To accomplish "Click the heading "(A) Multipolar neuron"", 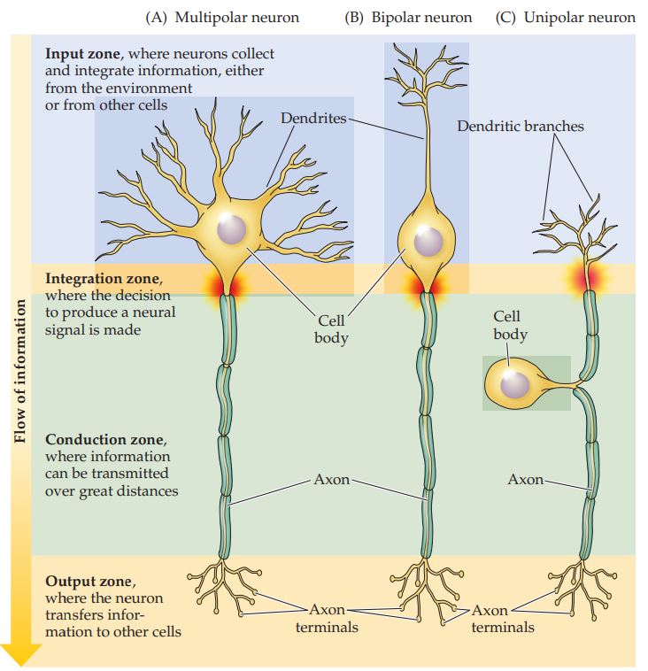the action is (x=222, y=18).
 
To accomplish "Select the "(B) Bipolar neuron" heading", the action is (x=408, y=18).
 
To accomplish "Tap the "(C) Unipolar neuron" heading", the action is (x=566, y=18).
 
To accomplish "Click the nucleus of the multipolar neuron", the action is (x=232, y=229).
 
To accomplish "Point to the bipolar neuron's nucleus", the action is (x=428, y=241).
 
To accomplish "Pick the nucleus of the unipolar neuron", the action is (x=515, y=384).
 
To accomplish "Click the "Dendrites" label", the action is (x=313, y=118).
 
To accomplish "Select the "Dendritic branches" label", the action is (x=521, y=126).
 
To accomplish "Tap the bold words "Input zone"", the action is (x=82, y=54).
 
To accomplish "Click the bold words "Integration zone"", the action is (x=103, y=279).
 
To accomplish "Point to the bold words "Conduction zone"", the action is (x=104, y=439).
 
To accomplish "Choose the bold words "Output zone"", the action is (x=89, y=581).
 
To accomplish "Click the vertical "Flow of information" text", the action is (x=20, y=371).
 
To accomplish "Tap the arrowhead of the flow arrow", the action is (x=20, y=655).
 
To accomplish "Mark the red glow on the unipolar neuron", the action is (x=588, y=277).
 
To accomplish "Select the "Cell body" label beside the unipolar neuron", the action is (x=509, y=325).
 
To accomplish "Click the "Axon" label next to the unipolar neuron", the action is (x=525, y=479).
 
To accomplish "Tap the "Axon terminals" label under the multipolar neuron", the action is (x=327, y=618).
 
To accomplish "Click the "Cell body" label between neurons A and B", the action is (x=331, y=329).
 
